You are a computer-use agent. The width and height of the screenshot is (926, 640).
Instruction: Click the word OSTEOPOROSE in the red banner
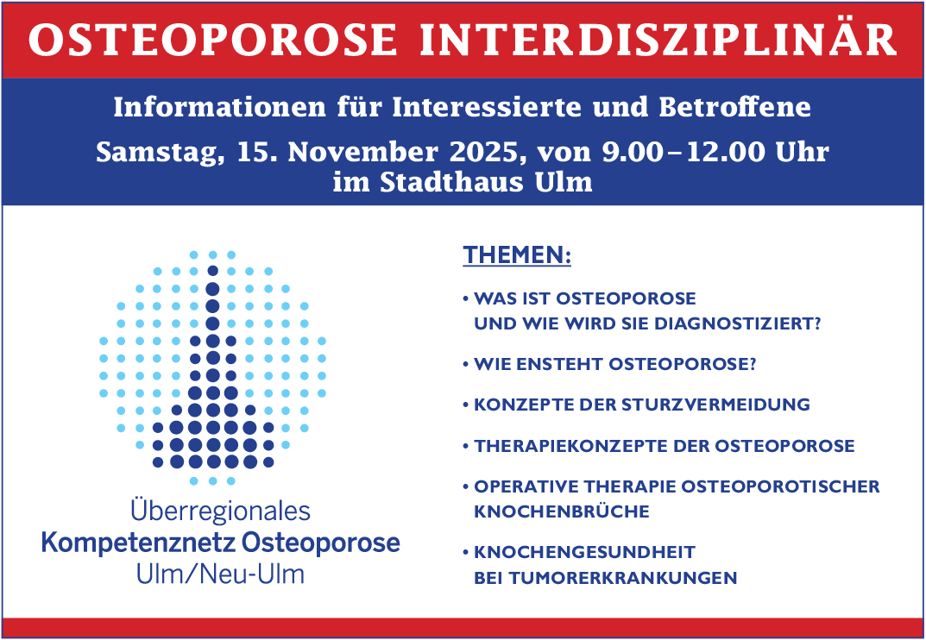(212, 41)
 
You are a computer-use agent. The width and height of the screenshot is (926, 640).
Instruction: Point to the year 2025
(483, 152)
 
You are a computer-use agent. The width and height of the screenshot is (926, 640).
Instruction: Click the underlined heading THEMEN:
(517, 255)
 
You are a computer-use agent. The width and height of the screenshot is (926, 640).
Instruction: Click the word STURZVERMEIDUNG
(715, 405)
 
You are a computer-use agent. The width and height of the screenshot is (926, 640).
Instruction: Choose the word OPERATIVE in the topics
(524, 486)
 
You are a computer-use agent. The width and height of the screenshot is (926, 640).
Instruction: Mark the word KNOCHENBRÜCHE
(562, 511)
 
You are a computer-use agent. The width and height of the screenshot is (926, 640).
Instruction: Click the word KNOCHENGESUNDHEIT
(584, 553)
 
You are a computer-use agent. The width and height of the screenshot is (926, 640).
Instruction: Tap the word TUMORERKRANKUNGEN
(622, 577)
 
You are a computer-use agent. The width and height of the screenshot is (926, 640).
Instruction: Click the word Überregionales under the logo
(220, 511)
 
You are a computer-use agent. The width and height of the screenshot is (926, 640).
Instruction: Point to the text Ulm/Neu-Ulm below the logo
(220, 574)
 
